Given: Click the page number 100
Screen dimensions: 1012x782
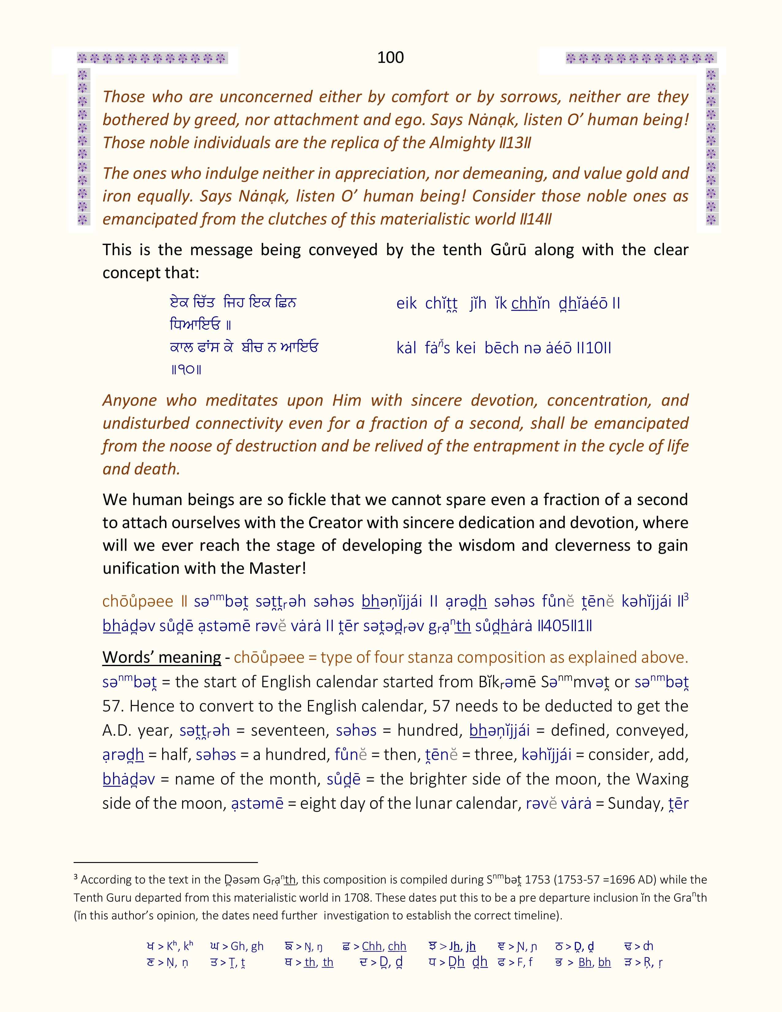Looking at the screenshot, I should pos(390,57).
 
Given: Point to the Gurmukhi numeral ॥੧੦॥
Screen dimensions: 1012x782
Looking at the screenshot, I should pos(186,370).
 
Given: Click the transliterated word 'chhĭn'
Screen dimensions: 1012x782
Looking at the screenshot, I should pos(531,304).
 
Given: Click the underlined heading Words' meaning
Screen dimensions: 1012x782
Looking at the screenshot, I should pos(162,657).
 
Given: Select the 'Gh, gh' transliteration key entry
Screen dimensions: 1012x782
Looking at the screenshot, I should pos(247,946).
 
